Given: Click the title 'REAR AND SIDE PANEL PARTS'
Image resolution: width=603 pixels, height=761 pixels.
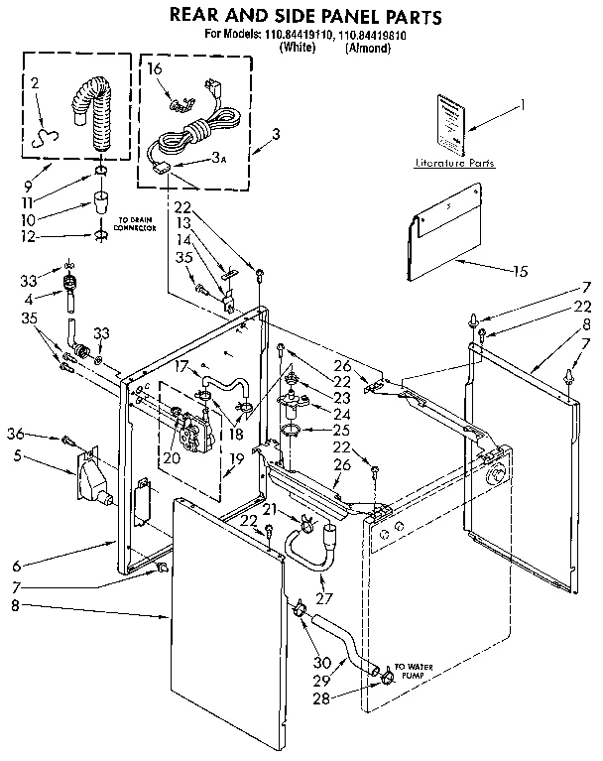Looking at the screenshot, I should (305, 17).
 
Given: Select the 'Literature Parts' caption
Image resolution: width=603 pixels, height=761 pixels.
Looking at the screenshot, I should (454, 162).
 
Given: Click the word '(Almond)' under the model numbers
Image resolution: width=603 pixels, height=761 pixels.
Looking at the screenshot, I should (370, 47).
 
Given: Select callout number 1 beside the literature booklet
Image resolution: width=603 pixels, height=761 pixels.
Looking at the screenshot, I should (525, 105).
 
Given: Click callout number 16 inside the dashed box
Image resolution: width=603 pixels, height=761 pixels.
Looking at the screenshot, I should (155, 68).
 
